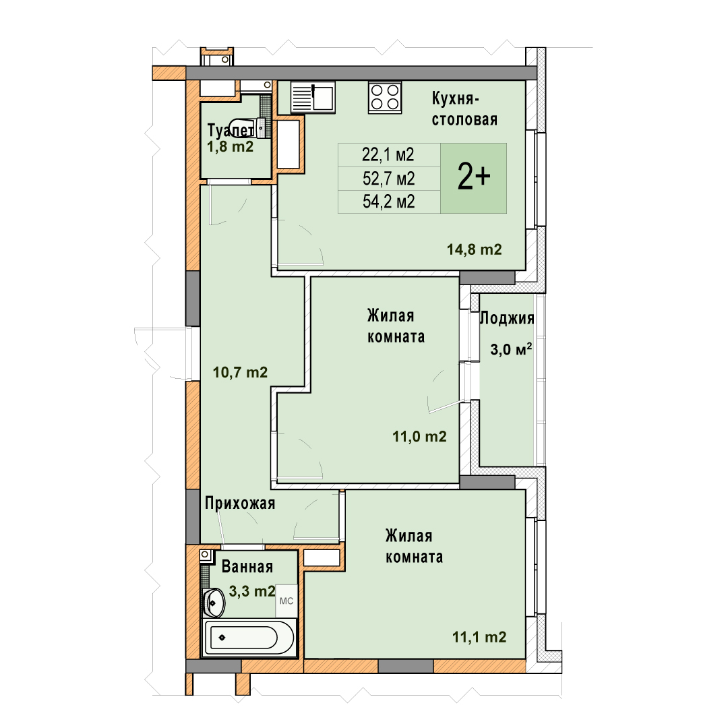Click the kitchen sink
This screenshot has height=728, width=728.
coord(313,98)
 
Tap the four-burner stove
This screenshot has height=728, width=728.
coord(385,98)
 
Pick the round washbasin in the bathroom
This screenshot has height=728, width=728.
coord(214,603)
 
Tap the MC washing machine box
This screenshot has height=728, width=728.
coord(286,601)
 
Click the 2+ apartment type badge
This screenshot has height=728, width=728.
coord(474,178)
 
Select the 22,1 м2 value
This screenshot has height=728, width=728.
coord(388,154)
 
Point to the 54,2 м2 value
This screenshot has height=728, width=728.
coord(389,202)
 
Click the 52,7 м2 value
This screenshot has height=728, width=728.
coord(389,178)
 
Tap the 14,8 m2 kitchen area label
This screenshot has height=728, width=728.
coord(474,250)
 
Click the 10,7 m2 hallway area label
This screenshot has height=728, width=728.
coord(240,372)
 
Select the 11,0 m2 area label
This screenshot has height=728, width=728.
coord(419,436)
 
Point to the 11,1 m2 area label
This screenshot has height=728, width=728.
coord(479,637)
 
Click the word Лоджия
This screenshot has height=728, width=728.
coord(506,318)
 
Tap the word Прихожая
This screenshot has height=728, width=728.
coord(240,504)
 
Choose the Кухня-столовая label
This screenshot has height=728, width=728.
coord(464,109)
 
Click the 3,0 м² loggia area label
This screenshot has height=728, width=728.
coord(511,349)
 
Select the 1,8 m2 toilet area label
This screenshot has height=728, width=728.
coord(231,147)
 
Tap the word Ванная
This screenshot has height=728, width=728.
coord(247,567)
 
